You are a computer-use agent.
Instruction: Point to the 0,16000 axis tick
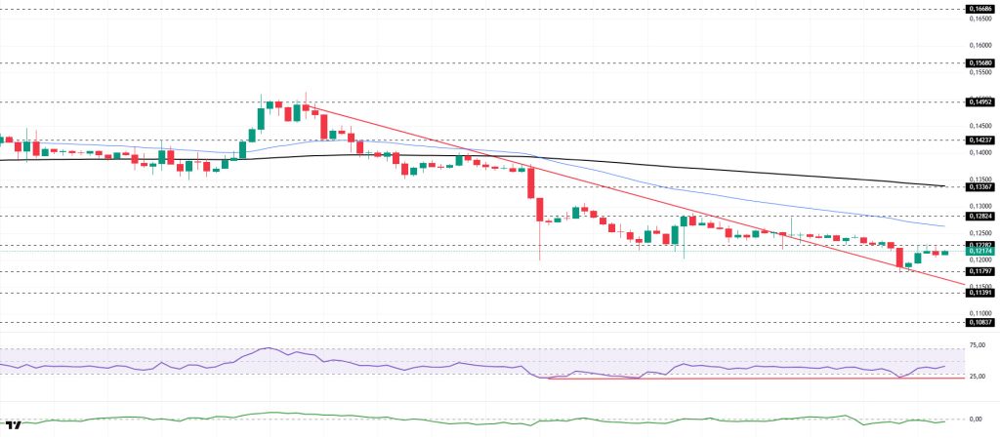[979, 44]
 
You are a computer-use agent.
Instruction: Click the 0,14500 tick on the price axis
[979, 126]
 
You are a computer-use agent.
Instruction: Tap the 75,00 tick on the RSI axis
[978, 345]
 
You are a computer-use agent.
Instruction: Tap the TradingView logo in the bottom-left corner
[14, 425]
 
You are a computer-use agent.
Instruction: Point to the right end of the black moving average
[944, 186]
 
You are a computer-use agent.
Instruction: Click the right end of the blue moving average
[944, 226]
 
